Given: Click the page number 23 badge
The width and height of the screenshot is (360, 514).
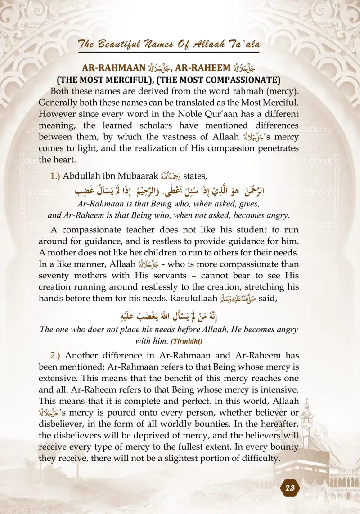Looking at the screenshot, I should click(290, 489).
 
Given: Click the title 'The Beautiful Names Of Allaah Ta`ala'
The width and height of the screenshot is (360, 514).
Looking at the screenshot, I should click(169, 44).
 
